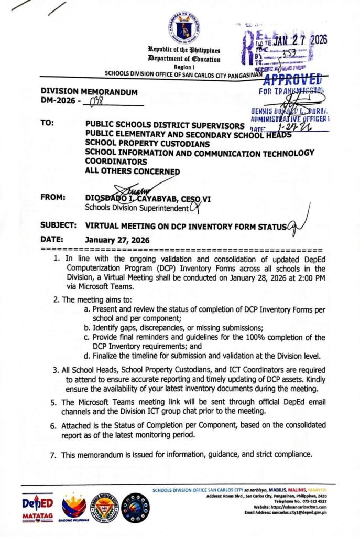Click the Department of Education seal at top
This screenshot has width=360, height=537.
click(183, 27)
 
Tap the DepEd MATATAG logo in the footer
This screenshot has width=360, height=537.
click(38, 507)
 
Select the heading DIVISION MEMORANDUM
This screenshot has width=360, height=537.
click(89, 92)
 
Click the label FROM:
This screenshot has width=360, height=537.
click(53, 198)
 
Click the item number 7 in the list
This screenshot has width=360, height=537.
click(53, 455)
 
